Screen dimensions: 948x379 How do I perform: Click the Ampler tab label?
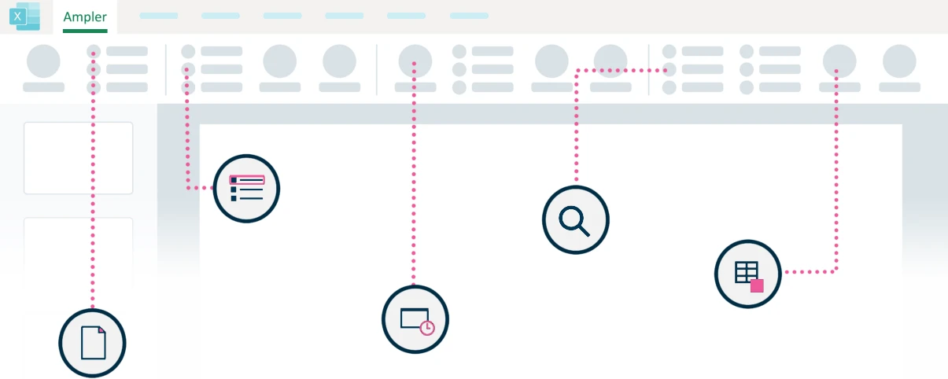click(x=85, y=17)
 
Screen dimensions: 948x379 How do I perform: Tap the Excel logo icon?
click(x=24, y=17)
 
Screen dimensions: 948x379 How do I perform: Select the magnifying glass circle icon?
click(x=576, y=220)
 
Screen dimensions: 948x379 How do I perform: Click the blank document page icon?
click(x=93, y=343)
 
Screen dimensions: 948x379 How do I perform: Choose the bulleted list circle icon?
click(x=246, y=188)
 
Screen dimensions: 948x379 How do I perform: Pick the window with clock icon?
click(x=415, y=319)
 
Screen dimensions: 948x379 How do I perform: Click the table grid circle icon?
click(x=748, y=274)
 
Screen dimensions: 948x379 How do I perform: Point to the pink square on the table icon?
click(x=757, y=286)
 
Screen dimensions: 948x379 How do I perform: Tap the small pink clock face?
click(x=427, y=328)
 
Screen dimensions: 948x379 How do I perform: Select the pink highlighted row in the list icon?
click(x=247, y=180)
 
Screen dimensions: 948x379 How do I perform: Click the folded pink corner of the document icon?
click(x=101, y=330)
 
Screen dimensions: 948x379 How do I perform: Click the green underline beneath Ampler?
click(x=85, y=31)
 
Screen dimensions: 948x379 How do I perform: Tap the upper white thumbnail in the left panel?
click(x=79, y=158)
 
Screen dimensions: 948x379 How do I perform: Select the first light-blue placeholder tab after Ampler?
click(x=159, y=16)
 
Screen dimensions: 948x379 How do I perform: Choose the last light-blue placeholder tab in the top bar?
click(x=469, y=16)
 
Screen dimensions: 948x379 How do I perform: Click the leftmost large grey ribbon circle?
click(x=43, y=61)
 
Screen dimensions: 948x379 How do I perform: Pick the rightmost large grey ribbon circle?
click(x=899, y=61)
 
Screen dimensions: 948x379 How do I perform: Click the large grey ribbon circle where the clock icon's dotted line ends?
click(x=415, y=61)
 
